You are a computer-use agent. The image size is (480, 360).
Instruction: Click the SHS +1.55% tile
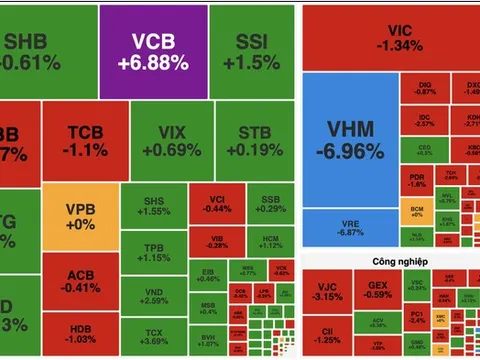pyautogui.click(x=151, y=206)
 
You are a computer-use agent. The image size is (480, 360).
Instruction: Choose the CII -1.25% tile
pyautogui.click(x=326, y=335)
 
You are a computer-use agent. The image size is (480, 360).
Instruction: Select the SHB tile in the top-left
pyautogui.click(x=30, y=51)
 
